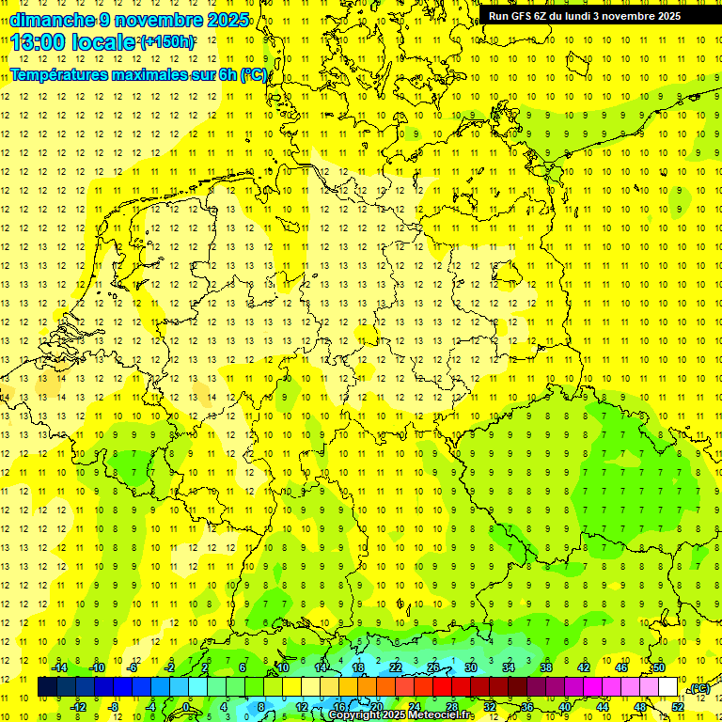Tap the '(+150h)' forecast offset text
tap(167, 42)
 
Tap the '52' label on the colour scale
tap(678, 706)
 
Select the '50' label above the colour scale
tap(659, 667)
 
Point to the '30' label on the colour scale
tap(471, 667)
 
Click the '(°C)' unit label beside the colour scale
tap(699, 689)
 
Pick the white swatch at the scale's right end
tap(667, 687)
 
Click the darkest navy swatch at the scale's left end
tap(47, 687)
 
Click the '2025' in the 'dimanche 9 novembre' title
tap(227, 20)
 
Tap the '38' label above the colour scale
tap(546, 667)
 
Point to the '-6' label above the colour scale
tap(133, 667)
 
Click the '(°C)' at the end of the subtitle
tap(254, 75)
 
